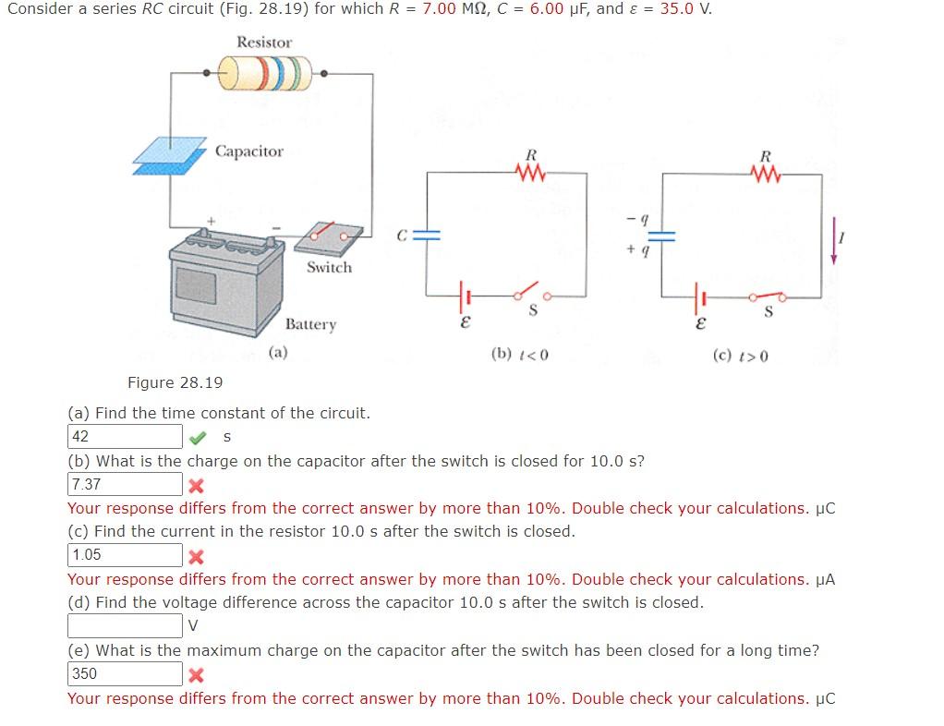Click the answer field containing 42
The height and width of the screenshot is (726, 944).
(125, 436)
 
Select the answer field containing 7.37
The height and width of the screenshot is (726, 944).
(125, 484)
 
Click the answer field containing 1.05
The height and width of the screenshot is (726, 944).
(125, 555)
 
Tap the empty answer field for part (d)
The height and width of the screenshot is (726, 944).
(125, 626)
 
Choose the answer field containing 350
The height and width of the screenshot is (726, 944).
(125, 674)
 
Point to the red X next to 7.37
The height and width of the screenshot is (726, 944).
(196, 486)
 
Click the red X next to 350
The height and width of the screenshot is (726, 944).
(196, 675)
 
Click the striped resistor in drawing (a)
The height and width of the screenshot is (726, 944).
(265, 73)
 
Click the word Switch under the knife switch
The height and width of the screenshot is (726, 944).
(329, 267)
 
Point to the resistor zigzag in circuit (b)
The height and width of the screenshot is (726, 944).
(532, 173)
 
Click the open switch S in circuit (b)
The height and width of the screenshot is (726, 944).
(532, 294)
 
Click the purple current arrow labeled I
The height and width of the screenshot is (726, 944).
(834, 241)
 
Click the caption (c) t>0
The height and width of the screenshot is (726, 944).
(740, 356)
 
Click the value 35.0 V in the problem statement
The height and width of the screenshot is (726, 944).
(685, 9)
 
